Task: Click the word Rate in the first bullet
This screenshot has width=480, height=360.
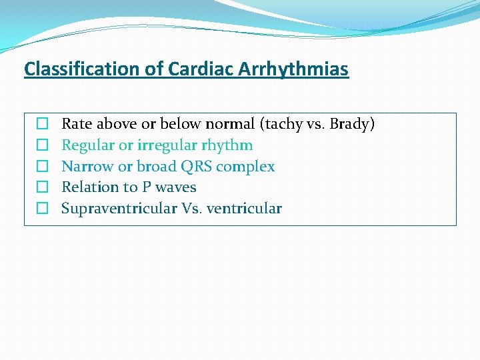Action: pos(77,124)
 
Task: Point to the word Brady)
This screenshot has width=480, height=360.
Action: pos(352,124)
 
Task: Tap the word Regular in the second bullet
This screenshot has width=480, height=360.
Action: pos(88,145)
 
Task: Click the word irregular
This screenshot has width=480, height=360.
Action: pos(167,145)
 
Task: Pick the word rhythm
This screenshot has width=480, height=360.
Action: pos(227,145)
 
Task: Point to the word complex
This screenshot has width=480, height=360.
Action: pos(245,167)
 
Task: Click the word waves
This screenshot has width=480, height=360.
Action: pos(176,187)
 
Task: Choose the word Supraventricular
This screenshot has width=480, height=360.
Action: pos(119,209)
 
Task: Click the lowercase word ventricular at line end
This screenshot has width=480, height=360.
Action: pos(244,209)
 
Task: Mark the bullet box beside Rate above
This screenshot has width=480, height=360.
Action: pos(41,124)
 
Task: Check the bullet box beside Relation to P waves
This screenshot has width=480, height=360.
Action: pos(41,187)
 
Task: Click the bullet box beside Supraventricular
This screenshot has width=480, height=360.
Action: pos(41,209)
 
